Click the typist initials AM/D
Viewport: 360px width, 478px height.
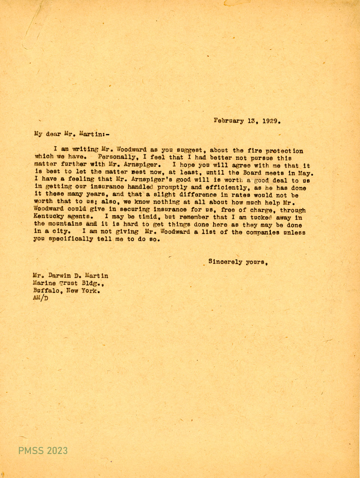coord(41,298)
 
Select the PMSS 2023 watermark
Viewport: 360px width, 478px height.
coord(43,450)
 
